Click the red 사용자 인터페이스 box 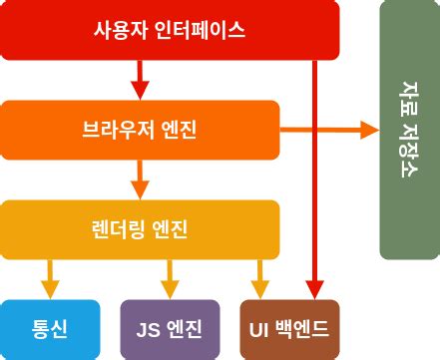click(x=170, y=30)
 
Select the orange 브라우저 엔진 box click(x=140, y=129)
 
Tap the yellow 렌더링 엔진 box click(x=140, y=228)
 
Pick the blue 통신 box click(x=50, y=328)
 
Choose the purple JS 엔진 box click(x=170, y=328)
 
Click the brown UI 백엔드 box click(x=289, y=328)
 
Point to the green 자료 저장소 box click(x=409, y=130)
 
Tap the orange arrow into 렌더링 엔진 click(x=140, y=180)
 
